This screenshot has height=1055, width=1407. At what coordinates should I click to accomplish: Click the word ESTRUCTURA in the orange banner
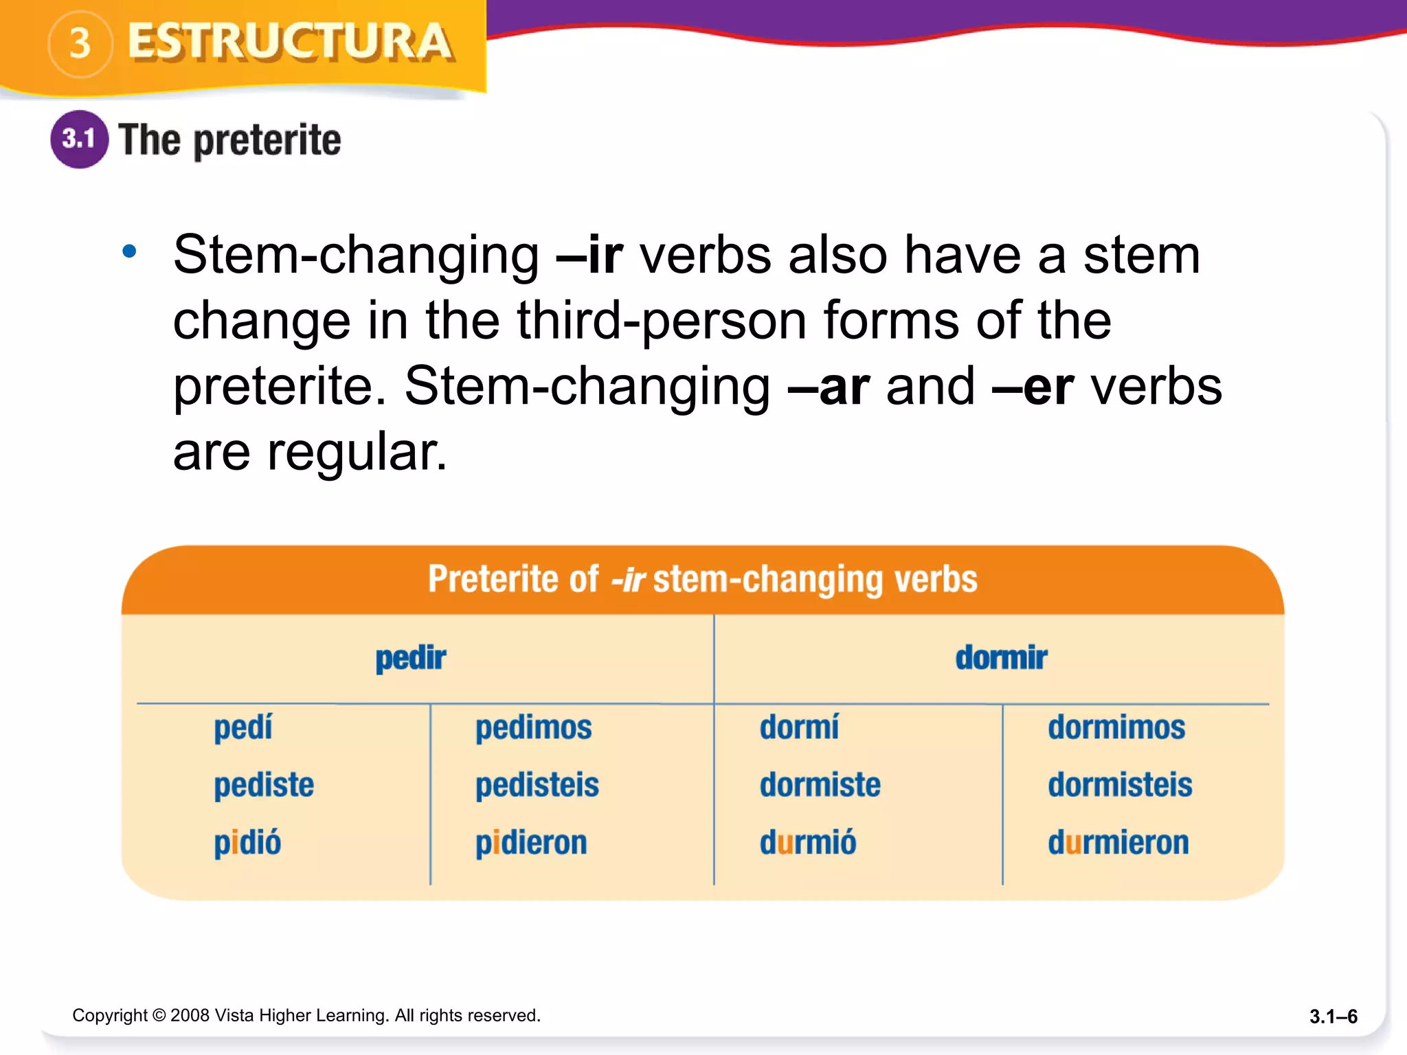tap(290, 43)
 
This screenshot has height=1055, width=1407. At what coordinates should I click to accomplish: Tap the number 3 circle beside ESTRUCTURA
tap(80, 44)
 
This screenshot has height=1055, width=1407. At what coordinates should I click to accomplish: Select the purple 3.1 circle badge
tap(80, 139)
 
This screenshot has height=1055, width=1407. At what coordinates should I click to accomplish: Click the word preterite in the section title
tap(267, 141)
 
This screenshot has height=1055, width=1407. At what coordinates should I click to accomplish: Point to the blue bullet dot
tap(129, 251)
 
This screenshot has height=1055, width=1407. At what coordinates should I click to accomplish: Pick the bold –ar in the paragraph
tap(829, 387)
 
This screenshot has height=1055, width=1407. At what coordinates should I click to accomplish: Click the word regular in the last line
tap(357, 453)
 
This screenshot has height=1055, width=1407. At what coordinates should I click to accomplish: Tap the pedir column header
tap(411, 658)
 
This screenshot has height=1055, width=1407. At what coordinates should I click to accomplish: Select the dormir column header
tap(1001, 658)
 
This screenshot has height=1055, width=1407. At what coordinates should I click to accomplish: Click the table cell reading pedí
tap(243, 727)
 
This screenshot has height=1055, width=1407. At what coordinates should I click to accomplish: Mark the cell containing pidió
tap(247, 843)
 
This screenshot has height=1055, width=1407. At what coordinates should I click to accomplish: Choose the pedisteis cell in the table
tap(537, 785)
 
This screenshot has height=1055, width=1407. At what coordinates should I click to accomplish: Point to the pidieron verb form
tap(531, 843)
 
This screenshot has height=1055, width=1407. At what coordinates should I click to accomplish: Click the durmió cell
tap(808, 843)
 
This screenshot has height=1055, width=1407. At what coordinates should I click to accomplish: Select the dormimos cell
tap(1116, 727)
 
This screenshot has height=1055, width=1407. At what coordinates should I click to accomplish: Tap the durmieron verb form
tap(1118, 843)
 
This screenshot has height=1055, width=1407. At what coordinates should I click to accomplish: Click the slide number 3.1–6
tap(1333, 1017)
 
